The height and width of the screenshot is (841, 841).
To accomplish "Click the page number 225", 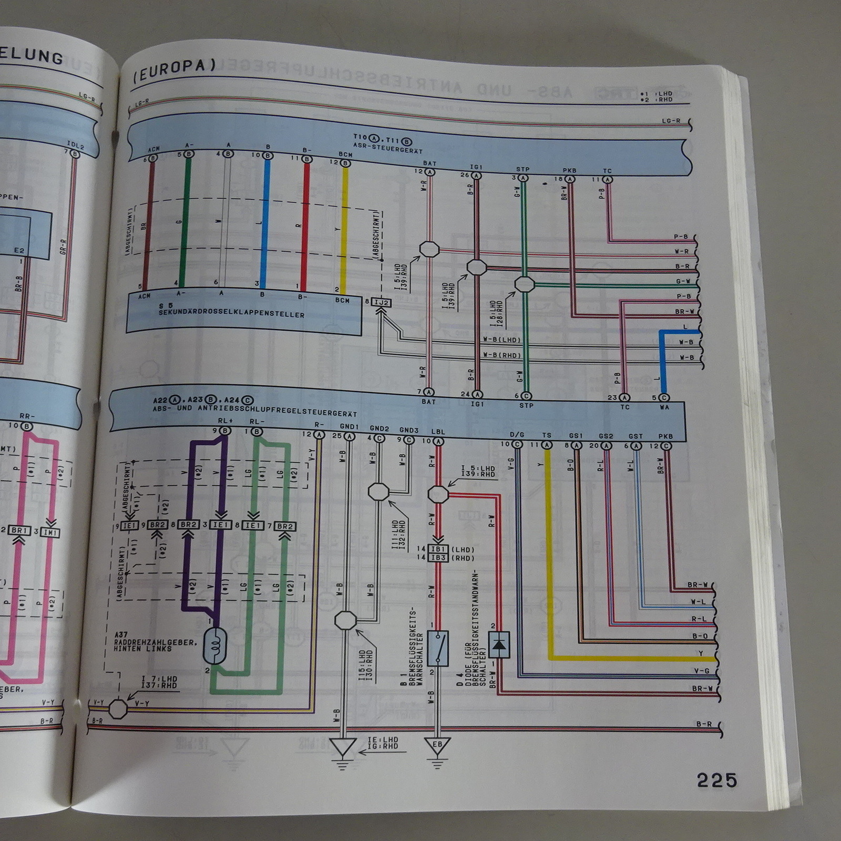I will [717, 780].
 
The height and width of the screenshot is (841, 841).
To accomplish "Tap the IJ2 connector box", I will [382, 303].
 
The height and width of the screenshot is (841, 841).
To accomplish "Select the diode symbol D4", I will [499, 644].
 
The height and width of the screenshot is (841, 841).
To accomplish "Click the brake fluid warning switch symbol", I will [438, 649].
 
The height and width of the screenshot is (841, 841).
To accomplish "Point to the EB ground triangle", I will [437, 745].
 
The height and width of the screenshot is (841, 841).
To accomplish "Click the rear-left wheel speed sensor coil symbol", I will [215, 645].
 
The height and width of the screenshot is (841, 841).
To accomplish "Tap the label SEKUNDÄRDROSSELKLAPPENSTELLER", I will [231, 314].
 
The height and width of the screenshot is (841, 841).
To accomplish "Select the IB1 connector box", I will [438, 549].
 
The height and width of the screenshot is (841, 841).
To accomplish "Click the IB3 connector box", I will [438, 558].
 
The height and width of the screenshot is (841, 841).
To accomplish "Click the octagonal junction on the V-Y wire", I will [118, 709].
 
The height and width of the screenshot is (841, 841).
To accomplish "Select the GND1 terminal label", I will [349, 427].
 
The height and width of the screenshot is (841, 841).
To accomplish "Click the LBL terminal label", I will [438, 432].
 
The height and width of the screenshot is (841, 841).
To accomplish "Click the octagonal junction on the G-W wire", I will [524, 284].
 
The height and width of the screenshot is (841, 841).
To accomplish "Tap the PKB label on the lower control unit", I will [665, 436].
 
